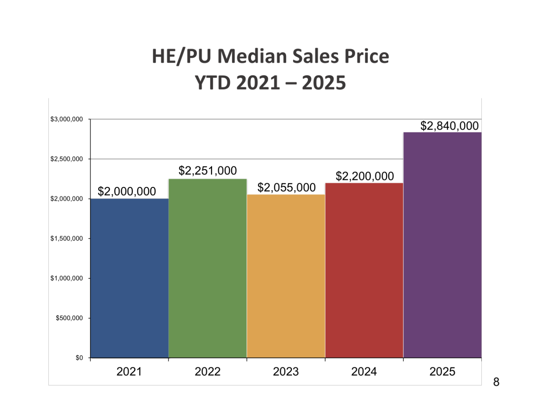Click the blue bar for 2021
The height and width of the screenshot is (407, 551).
(x=129, y=278)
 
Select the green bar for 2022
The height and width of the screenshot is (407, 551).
(x=207, y=268)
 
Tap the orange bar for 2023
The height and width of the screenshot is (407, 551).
(x=286, y=276)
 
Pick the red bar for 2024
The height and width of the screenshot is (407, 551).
(x=364, y=270)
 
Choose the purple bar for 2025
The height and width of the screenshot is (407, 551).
(x=442, y=245)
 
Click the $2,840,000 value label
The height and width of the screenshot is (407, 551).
(x=449, y=126)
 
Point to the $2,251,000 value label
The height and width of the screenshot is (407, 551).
(x=207, y=171)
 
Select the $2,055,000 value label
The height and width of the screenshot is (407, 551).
(x=286, y=187)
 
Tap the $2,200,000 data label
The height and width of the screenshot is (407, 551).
(x=365, y=176)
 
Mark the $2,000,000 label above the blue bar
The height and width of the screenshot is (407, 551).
(x=126, y=191)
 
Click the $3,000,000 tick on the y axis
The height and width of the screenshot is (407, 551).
(x=66, y=119)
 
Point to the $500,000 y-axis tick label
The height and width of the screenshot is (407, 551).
(x=69, y=318)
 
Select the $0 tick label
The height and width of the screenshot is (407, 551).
(x=79, y=358)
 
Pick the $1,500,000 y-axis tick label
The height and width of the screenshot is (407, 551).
(x=66, y=239)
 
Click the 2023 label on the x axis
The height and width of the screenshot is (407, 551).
(x=286, y=372)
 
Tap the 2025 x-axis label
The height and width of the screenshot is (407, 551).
(x=442, y=372)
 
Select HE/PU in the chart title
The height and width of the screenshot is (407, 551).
(x=182, y=56)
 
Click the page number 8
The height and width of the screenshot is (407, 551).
(x=496, y=382)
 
